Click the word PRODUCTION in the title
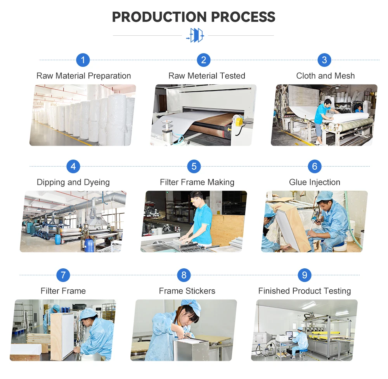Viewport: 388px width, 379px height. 159,17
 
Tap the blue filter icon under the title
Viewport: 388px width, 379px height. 195,35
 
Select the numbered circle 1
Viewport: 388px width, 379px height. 83,60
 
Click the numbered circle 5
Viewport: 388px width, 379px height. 194,167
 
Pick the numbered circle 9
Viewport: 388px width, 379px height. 305,275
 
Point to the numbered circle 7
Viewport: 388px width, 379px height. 63,275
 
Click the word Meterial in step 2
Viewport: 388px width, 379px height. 202,76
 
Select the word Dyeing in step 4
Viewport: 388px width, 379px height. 97,183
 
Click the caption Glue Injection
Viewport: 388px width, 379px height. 315,183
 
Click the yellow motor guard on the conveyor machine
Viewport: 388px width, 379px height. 239,123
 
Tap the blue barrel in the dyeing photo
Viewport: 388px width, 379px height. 89,245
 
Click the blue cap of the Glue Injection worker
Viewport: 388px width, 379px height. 324,196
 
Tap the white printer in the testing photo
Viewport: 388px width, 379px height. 282,337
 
